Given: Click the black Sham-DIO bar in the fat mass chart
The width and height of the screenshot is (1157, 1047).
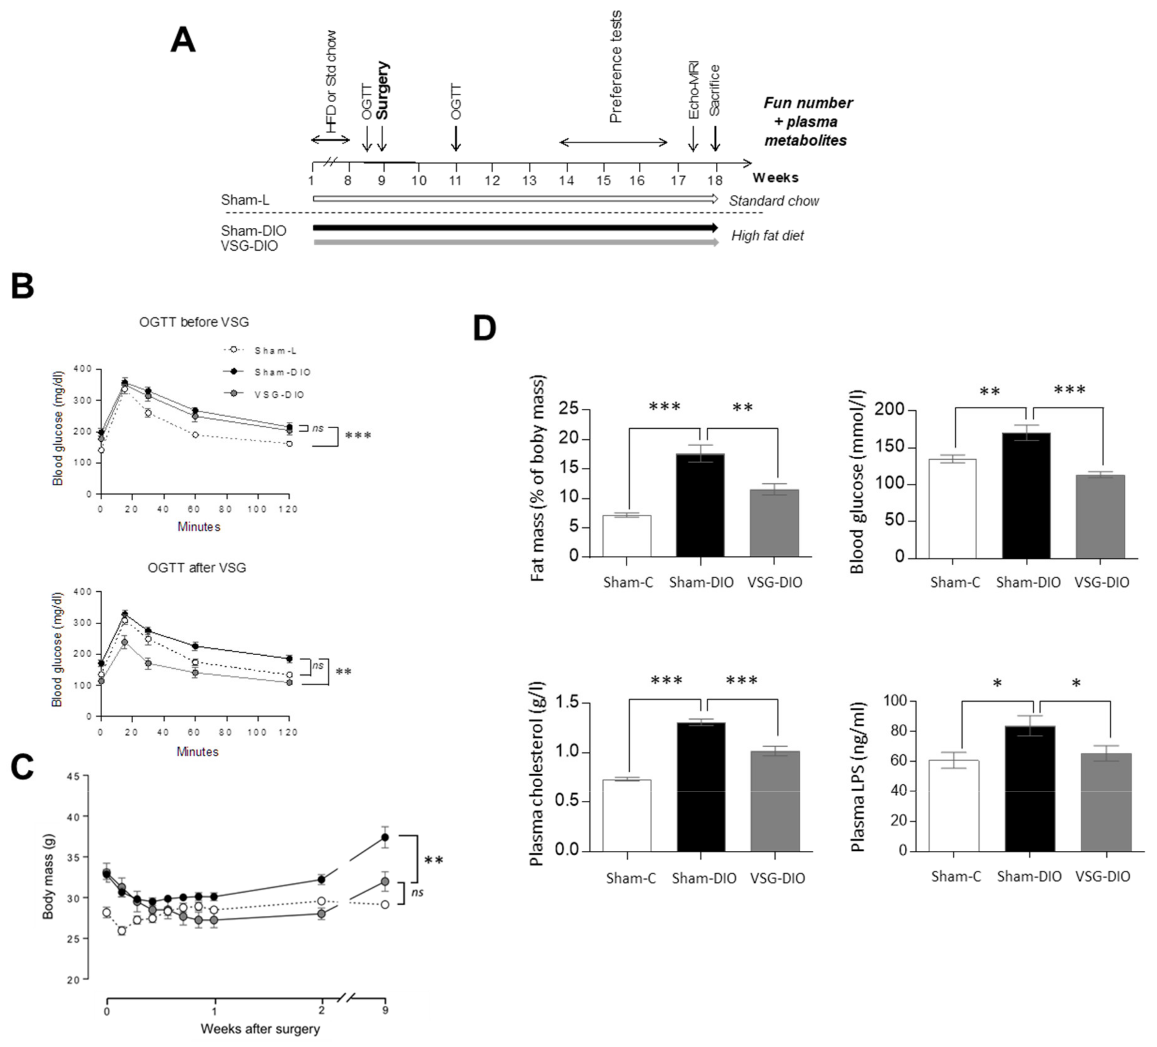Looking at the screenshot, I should (x=700, y=505).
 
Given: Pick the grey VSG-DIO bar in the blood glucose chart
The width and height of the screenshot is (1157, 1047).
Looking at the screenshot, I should (x=1100, y=516).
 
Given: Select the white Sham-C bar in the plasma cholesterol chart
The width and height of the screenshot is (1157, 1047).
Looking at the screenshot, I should (x=627, y=815).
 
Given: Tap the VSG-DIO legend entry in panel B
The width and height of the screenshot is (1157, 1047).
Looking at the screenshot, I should (x=279, y=395).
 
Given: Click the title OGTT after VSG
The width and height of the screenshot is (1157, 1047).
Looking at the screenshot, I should (x=197, y=567).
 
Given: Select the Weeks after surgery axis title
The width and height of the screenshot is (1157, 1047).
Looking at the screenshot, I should (x=260, y=1029).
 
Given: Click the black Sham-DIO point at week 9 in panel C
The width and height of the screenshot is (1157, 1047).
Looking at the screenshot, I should (x=385, y=837).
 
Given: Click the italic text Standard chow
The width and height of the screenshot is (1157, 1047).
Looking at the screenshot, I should (x=774, y=201).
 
